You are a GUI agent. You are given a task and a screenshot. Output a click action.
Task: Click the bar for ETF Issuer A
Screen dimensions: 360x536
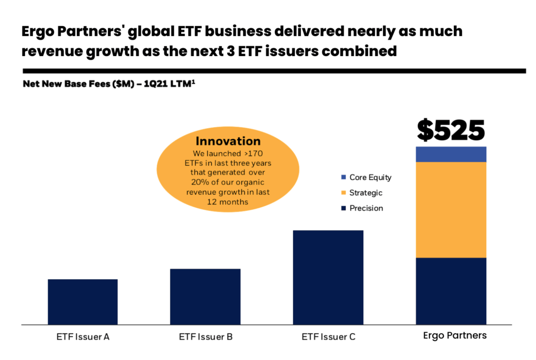point(83,302)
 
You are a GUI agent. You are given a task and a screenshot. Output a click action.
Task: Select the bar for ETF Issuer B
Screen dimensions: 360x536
point(205,297)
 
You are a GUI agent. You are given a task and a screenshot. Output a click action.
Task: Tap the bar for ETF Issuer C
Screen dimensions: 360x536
point(328,277)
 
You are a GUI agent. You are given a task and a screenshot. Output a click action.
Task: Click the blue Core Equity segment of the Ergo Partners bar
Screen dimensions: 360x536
point(451,154)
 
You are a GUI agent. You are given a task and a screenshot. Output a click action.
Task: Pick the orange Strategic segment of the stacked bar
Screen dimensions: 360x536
point(451,210)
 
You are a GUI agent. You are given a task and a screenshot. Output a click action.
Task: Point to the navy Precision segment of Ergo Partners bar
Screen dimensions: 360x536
point(451,291)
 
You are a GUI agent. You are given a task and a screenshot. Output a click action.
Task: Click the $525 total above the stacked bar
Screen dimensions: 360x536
point(451,131)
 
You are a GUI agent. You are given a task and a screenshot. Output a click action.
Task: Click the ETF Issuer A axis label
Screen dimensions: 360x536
point(83,337)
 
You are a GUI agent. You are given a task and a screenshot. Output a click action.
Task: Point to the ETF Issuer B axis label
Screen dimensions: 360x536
point(205,337)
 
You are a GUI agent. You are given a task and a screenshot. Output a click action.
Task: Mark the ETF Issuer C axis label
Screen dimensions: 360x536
point(328,337)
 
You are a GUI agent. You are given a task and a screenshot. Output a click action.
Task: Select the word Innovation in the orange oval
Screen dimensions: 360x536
point(228,141)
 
